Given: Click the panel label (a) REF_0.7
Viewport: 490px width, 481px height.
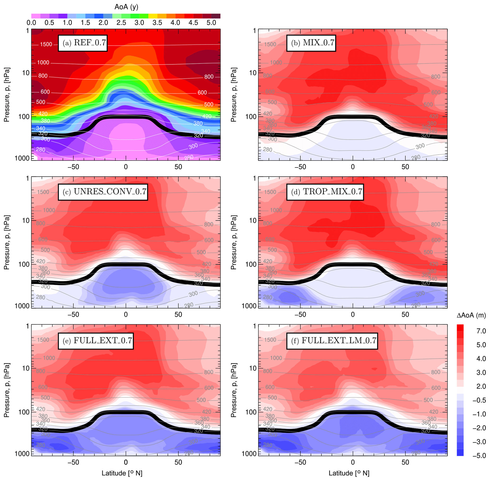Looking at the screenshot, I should pos(83,43).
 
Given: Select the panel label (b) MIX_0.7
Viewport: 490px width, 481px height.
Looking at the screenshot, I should pos(311,43).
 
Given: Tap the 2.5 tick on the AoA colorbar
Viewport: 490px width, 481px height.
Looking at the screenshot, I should pos(121,23).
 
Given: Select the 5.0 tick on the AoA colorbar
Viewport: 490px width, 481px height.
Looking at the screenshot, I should pos(211,23).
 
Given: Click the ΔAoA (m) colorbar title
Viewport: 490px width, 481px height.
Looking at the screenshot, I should pos(471,315).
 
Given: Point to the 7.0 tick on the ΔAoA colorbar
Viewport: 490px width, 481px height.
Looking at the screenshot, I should pos(481,331).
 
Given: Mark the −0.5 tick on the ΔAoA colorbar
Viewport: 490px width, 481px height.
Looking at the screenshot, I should pos(479,400).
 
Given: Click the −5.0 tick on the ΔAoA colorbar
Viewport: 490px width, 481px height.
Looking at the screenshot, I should pos(479,456).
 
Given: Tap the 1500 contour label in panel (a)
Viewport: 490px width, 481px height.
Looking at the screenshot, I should pos(46,44).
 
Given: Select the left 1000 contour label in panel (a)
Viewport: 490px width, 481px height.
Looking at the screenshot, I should pos(43,63).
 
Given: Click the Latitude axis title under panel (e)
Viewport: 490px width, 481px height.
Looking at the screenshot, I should pos(122,473).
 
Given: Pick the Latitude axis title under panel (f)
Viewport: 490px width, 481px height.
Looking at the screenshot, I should pos(349,473).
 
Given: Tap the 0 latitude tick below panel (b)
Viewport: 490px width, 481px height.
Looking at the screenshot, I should pos(353,167).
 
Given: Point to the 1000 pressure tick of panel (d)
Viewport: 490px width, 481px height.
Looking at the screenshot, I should pos(249,306).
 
